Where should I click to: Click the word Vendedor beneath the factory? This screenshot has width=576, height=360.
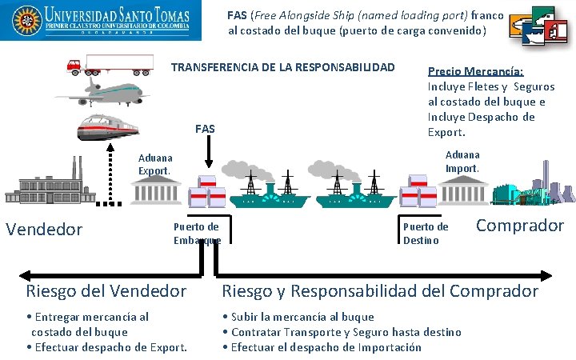click(44, 230)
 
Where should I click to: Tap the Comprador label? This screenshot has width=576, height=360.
click(520, 225)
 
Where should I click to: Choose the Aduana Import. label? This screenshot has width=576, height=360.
click(462, 161)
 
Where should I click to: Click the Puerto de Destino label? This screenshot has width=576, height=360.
click(426, 233)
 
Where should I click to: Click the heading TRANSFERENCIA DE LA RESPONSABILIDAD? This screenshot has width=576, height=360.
click(283, 66)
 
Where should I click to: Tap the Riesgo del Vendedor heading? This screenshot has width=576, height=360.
click(106, 290)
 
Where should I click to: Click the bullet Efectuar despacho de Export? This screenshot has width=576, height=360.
click(106, 346)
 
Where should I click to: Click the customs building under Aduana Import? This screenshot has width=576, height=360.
click(459, 190)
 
